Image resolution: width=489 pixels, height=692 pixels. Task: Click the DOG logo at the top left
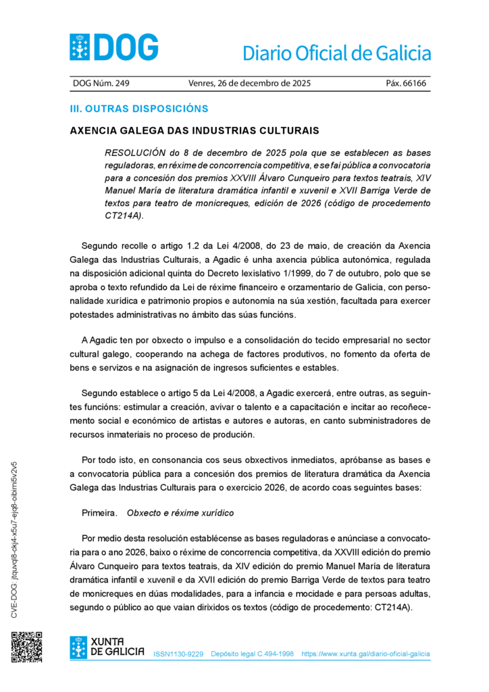pos(113,47)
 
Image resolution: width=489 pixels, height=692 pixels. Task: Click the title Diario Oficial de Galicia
pos(336,53)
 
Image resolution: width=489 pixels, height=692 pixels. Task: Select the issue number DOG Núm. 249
pos(101,84)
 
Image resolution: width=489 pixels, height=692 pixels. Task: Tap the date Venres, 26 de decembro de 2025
pos(249,84)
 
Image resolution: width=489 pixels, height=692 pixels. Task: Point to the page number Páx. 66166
pos(406,84)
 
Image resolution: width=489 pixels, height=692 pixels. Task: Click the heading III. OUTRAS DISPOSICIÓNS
pos(139,109)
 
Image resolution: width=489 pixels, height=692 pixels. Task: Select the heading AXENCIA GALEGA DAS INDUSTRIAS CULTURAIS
pos(194,130)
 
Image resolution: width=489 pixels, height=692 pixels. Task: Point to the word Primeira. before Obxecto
pos(99,513)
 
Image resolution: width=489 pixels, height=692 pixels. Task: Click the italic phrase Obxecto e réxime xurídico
pos(180,513)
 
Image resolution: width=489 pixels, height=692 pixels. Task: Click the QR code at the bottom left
pos(26,647)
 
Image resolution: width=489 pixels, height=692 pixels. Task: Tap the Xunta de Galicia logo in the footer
pos(107,647)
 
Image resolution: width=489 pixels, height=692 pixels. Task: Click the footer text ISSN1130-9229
pos(178,654)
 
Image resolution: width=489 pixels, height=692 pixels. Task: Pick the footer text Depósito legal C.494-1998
pos(252,654)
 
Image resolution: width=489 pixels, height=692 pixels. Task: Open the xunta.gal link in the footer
pos(365,654)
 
